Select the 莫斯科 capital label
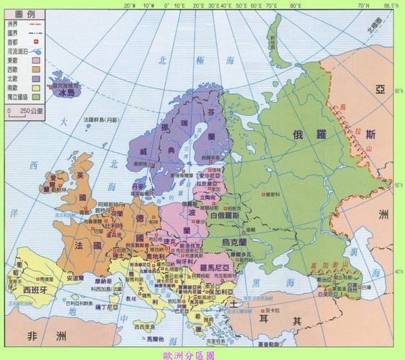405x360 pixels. pyautogui.click(x=271, y=194)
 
